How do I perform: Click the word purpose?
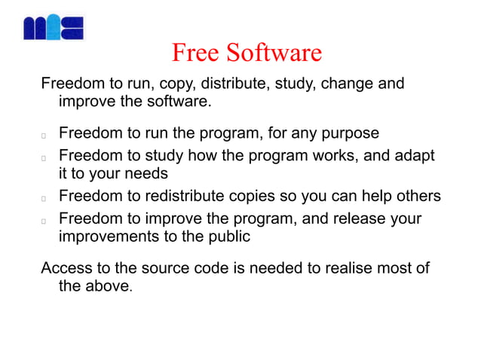click(x=350, y=133)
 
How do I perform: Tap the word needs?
click(x=149, y=174)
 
